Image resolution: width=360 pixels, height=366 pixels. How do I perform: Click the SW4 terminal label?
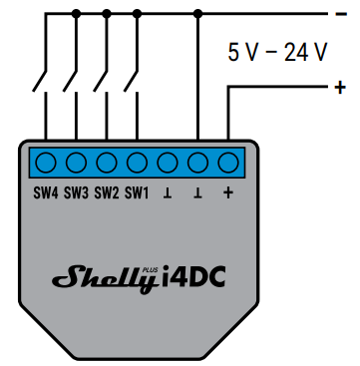[x=46, y=192]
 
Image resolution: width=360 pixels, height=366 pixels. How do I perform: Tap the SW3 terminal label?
[x=76, y=192]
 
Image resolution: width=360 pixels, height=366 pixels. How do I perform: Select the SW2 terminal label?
[x=107, y=192]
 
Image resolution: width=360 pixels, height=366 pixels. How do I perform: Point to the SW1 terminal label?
[x=137, y=192]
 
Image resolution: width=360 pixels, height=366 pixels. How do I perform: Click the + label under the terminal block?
[x=229, y=192]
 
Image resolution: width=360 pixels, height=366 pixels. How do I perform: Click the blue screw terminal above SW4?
[x=46, y=162]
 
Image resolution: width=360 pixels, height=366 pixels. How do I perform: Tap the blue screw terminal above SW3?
[x=77, y=162]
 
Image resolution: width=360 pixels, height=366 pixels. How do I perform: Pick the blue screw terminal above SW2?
[x=107, y=162]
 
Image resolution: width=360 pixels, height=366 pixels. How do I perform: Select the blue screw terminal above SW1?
[x=138, y=162]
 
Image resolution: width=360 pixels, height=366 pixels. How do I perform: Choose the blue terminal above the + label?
[x=229, y=162]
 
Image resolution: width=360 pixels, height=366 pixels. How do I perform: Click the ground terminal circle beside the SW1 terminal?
[x=169, y=162]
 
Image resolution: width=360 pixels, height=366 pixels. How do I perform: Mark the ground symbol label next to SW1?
[x=169, y=192]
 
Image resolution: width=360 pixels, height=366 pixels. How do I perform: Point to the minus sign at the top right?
[x=342, y=14]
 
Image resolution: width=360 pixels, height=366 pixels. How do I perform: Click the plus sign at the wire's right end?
[x=342, y=88]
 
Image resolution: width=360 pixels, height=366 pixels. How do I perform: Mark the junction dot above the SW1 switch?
[x=138, y=14]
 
